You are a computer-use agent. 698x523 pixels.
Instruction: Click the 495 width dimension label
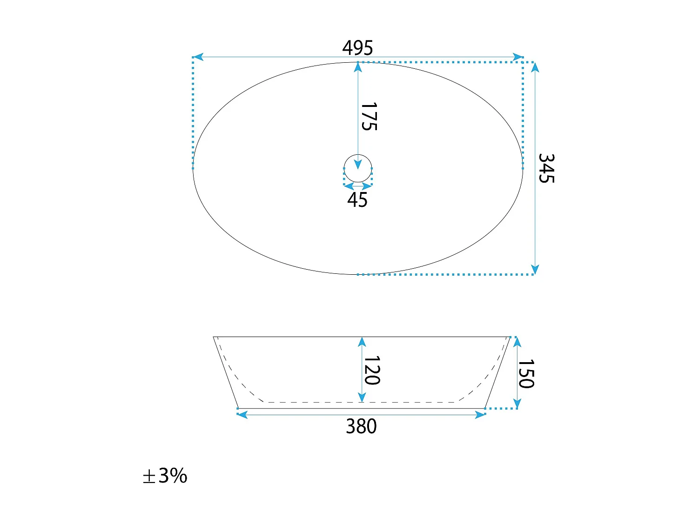(357, 48)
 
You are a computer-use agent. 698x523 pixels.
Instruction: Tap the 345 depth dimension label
(546, 168)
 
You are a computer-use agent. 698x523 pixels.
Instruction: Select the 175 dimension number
(369, 116)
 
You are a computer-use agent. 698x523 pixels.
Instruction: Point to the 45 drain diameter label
(357, 200)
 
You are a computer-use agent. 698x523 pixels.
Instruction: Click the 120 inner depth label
(372, 370)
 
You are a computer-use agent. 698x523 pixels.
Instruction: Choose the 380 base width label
(361, 426)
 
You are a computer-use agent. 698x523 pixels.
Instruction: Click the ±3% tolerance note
(165, 476)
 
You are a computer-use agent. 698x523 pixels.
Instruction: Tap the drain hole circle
(358, 155)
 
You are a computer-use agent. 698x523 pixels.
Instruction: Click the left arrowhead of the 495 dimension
(198, 57)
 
